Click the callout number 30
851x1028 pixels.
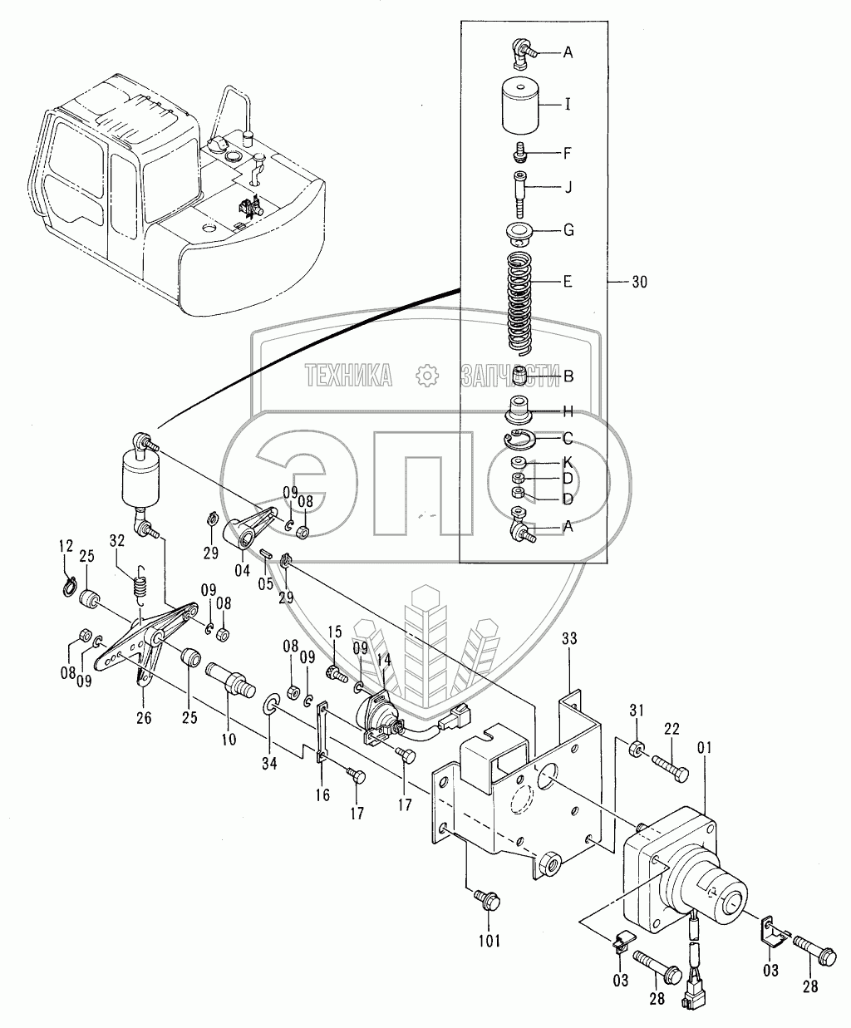point(639,282)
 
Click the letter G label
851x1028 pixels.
point(568,230)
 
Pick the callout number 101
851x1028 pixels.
point(489,941)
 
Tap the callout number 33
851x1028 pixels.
point(569,638)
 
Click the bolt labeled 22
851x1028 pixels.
point(670,770)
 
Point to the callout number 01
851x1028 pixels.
point(705,748)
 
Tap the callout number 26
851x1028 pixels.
point(144,718)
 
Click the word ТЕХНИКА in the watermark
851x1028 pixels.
point(349,376)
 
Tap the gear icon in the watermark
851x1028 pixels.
point(427,376)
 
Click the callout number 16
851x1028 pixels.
point(323,795)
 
